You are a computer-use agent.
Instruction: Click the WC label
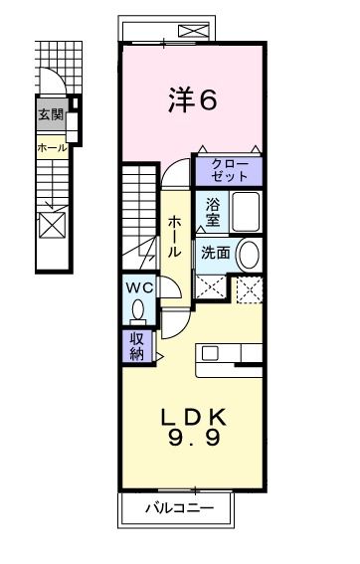(x=138, y=287)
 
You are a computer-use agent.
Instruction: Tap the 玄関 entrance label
(x=50, y=114)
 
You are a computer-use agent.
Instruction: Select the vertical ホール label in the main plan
(x=174, y=237)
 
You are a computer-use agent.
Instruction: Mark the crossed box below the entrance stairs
(x=51, y=224)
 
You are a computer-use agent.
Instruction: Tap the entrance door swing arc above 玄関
(x=52, y=84)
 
